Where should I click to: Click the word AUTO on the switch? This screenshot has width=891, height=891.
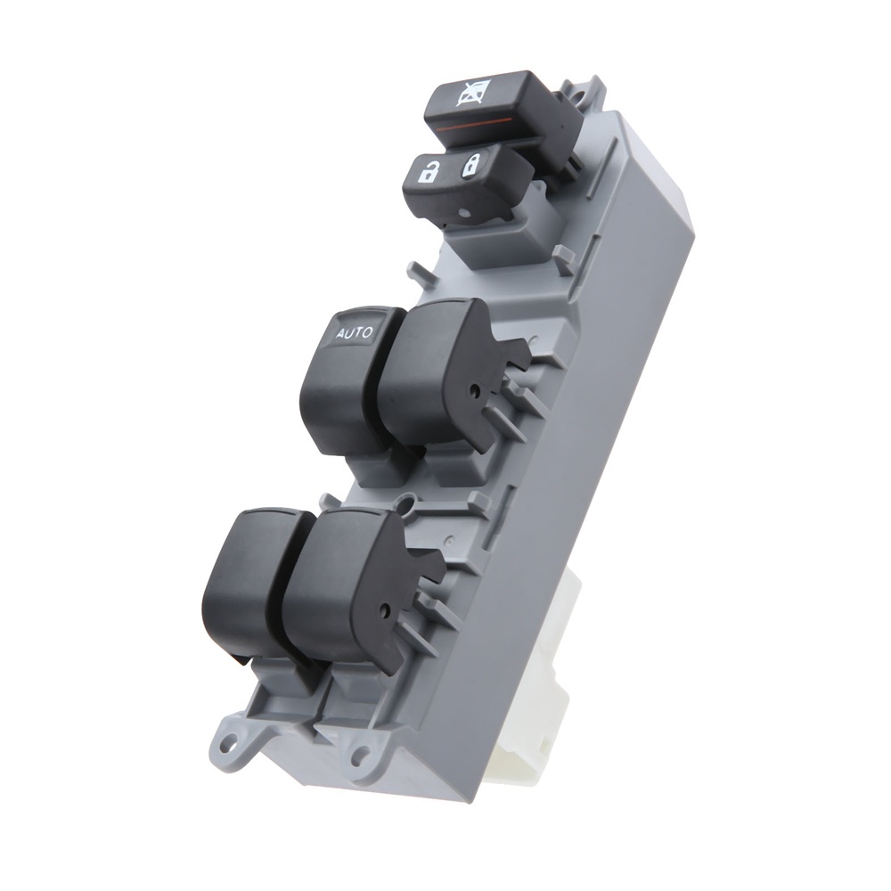click(355, 332)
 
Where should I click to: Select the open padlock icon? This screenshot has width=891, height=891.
click(427, 172)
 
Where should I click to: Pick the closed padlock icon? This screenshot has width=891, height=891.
click(471, 166)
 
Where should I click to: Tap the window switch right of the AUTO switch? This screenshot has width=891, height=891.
click(449, 375)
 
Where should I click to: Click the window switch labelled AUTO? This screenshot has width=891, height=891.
click(347, 380)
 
